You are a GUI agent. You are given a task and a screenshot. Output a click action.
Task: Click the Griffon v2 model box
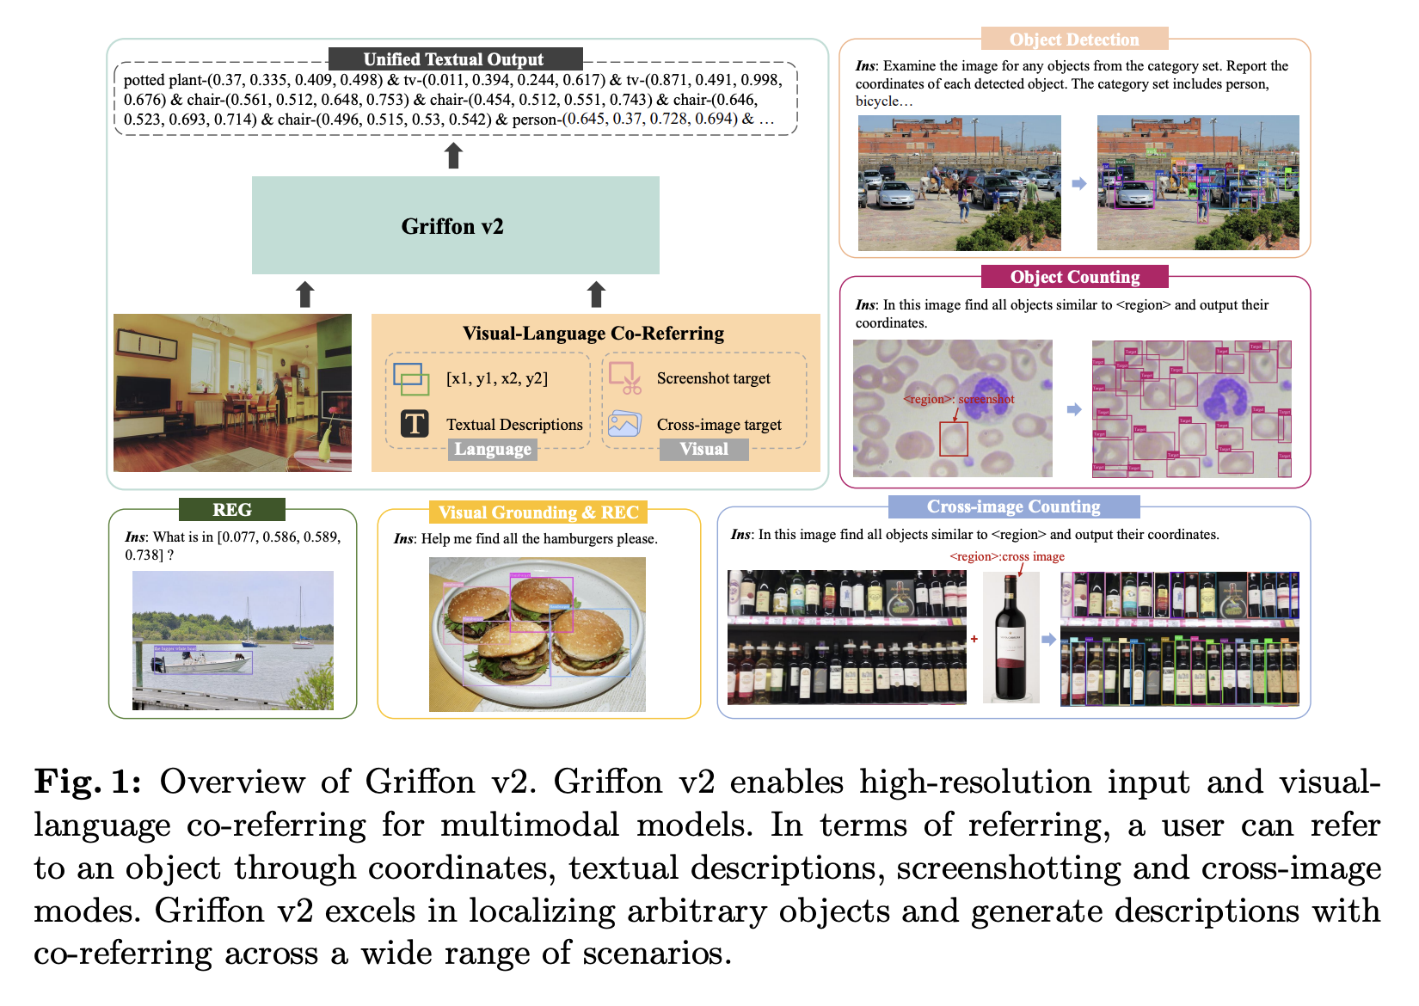(x=455, y=225)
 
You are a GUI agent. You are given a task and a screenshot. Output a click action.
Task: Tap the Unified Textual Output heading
(x=454, y=59)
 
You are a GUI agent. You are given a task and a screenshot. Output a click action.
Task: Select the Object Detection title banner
(x=1074, y=40)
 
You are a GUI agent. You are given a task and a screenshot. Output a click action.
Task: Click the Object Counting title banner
(x=1075, y=277)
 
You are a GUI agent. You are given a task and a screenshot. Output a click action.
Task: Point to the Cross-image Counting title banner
(x=1013, y=506)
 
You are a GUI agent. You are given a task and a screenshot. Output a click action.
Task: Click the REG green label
(x=232, y=510)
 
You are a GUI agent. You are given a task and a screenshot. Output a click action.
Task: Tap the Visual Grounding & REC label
(x=538, y=512)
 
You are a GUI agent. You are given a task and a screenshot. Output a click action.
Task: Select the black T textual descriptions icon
(x=415, y=424)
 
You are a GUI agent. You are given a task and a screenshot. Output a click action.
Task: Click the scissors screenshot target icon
(x=625, y=378)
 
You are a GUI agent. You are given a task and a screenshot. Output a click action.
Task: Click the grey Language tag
(x=493, y=449)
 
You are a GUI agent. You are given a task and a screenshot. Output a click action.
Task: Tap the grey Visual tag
(x=703, y=449)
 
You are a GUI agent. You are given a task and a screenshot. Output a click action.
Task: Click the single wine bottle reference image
(x=1010, y=637)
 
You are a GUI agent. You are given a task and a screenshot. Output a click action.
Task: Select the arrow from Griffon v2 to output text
(x=453, y=156)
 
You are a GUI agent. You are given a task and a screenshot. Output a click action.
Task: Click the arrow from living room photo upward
(x=304, y=294)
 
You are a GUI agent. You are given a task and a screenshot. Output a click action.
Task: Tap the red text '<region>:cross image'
(x=1007, y=556)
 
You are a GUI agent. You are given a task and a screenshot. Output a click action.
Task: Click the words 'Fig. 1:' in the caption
(x=87, y=782)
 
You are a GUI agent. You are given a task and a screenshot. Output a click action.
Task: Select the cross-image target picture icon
(x=624, y=424)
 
